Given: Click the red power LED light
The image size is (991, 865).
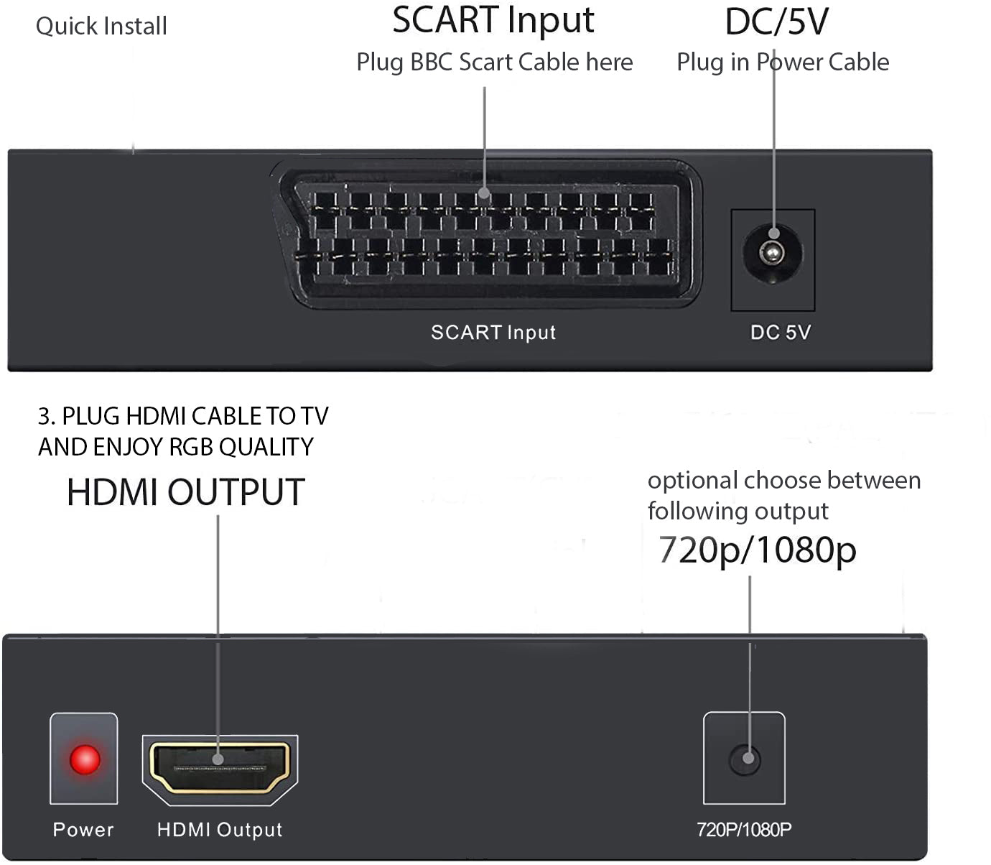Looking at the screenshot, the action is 85,759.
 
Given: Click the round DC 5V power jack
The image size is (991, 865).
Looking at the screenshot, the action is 773,253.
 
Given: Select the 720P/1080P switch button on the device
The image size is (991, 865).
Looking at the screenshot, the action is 745,760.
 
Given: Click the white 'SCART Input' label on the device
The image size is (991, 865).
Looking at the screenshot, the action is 493,333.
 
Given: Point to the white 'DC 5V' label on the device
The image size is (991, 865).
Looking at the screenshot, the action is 781,333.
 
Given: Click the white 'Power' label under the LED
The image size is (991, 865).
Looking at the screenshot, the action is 83,830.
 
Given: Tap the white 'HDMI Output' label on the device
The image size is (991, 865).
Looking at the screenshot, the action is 220,830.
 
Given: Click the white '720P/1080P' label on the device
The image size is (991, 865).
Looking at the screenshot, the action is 744,830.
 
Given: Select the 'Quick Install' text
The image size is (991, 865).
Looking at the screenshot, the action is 101,26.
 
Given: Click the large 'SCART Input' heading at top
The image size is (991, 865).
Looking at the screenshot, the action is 493,22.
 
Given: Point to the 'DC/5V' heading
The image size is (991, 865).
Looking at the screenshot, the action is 777,22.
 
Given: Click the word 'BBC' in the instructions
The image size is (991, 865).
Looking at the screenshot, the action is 431,62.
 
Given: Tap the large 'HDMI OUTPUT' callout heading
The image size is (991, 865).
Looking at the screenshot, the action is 185,492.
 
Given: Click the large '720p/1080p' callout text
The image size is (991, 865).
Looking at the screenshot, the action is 758,550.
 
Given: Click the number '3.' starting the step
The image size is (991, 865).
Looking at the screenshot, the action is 47,416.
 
